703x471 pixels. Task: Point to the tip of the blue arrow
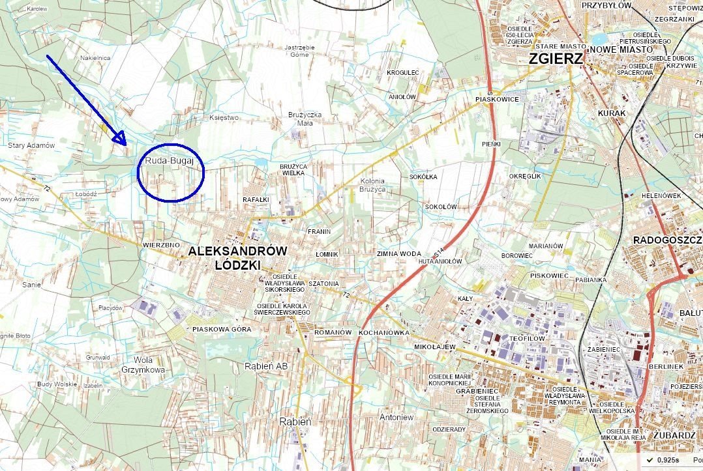(123, 141)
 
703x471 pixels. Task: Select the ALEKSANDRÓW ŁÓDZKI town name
(238, 258)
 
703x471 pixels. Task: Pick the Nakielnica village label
(95, 58)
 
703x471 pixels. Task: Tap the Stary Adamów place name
(31, 145)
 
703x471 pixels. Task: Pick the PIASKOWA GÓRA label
(222, 330)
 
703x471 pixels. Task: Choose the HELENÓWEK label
(661, 195)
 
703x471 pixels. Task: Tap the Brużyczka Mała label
(305, 119)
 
